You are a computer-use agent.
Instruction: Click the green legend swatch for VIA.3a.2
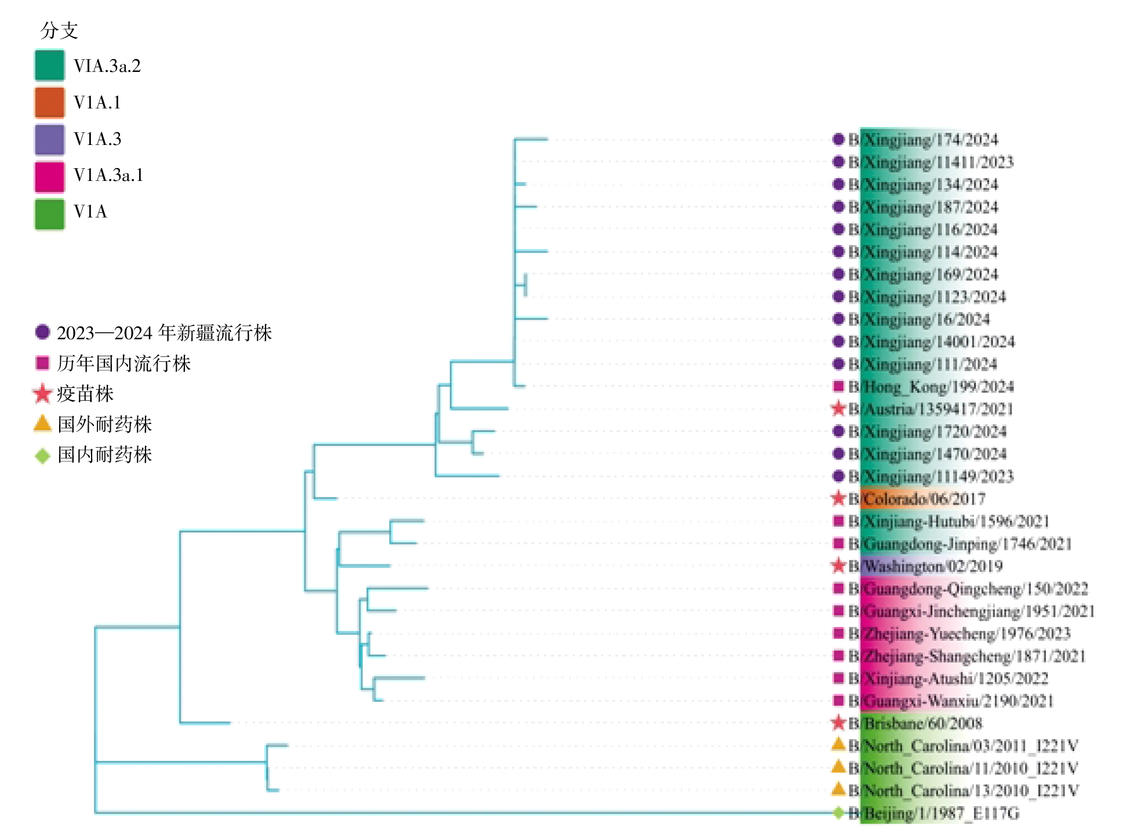[x=49, y=66]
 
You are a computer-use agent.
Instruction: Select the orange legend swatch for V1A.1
[x=49, y=102]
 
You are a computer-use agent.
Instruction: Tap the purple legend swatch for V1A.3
[x=49, y=139]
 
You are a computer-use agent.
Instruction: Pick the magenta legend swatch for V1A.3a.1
[x=49, y=176]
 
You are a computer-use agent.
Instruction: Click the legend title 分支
[x=59, y=30]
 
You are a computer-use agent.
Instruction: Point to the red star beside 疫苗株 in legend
[x=42, y=394]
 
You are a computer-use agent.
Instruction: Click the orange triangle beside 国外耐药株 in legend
[x=42, y=423]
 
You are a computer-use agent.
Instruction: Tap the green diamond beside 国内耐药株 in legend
[x=42, y=455]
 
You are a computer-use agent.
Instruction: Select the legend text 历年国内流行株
[x=123, y=364]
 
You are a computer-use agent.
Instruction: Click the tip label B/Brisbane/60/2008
[x=915, y=723]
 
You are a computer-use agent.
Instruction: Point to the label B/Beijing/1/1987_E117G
[x=933, y=813]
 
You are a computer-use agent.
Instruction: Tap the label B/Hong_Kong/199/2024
[x=931, y=387]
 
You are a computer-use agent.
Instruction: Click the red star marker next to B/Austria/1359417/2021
[x=838, y=409]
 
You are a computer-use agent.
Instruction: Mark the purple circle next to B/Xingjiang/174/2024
[x=838, y=139]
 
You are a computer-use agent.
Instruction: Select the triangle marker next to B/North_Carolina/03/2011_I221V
[x=838, y=745]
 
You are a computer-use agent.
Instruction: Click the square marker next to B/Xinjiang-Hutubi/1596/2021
[x=838, y=521]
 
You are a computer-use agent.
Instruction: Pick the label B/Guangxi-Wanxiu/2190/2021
[x=951, y=701]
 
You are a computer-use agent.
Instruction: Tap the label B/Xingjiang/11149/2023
[x=931, y=477]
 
